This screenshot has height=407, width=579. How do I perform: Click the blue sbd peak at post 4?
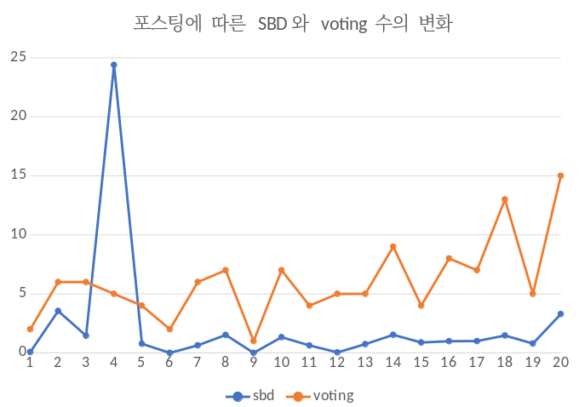click(113, 65)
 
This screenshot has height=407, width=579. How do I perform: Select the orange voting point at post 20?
click(561, 175)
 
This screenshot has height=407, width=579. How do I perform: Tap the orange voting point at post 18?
click(505, 199)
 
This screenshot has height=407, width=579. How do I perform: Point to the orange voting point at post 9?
click(254, 341)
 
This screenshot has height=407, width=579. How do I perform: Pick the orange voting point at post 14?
click(393, 247)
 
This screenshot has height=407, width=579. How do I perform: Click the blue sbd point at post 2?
click(58, 311)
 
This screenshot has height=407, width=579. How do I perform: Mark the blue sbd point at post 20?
click(561, 313)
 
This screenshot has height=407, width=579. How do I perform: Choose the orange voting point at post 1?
click(30, 329)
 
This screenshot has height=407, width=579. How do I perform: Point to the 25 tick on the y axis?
click(17, 57)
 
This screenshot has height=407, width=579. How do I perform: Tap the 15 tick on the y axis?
click(17, 175)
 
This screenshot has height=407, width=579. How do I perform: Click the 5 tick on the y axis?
click(21, 294)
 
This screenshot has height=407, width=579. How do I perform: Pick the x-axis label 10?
click(282, 363)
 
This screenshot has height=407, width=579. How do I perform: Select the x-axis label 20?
click(561, 363)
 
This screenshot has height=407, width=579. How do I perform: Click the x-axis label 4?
click(113, 363)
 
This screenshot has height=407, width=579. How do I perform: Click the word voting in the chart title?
click(345, 23)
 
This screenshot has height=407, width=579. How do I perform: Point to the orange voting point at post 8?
click(226, 270)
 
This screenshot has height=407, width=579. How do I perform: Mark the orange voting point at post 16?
click(450, 258)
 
